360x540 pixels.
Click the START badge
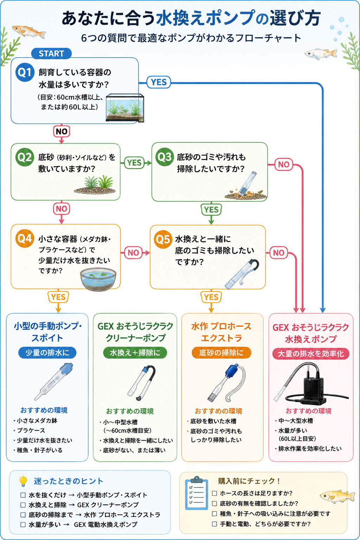51,53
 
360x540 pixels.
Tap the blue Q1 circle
25,72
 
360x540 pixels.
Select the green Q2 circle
25,157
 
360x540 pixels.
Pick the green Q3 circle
165,157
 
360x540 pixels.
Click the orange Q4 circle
25,239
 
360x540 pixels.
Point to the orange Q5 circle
163,239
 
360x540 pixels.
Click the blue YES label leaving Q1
159,82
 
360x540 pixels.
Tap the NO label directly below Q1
62,131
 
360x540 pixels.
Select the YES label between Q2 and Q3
134,162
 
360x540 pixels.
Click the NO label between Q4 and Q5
133,253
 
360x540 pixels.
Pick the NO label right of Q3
284,165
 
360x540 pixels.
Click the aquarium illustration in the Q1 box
125,108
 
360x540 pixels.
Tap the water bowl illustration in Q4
98,279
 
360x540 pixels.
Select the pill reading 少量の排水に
47,353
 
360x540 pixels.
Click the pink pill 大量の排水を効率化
310,354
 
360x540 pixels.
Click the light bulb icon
23,481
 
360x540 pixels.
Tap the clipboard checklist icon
196,493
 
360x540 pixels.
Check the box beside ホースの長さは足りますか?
214,493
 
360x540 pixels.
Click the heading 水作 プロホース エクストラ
221,332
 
